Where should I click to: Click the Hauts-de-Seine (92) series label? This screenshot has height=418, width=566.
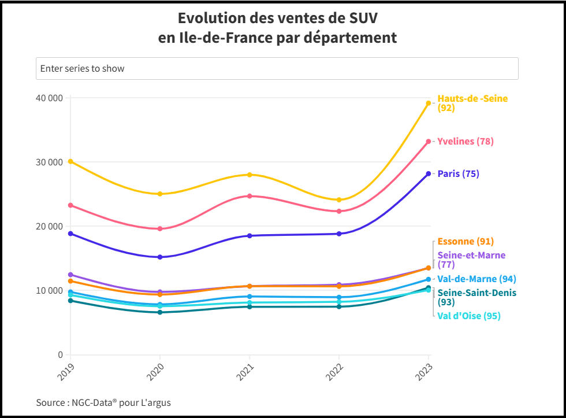pyautogui.click(x=472, y=103)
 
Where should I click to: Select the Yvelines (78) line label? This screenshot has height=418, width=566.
pyautogui.click(x=466, y=141)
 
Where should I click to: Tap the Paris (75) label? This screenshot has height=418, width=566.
pyautogui.click(x=458, y=173)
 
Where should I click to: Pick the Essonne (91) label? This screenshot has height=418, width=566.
pyautogui.click(x=466, y=241)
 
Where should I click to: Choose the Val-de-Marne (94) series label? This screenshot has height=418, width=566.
pyautogui.click(x=476, y=279)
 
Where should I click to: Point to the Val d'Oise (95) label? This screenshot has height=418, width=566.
pyautogui.click(x=468, y=316)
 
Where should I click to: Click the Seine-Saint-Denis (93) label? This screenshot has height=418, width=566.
pyautogui.click(x=476, y=297)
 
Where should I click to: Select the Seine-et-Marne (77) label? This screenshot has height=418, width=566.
pyautogui.click(x=471, y=260)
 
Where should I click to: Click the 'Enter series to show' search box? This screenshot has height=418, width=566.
pyautogui.click(x=277, y=68)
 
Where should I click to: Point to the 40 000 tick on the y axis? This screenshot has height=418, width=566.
pyautogui.click(x=49, y=98)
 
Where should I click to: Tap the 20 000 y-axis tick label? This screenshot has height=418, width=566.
pyautogui.click(x=49, y=226)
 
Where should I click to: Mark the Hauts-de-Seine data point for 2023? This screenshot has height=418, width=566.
pyautogui.click(x=429, y=103)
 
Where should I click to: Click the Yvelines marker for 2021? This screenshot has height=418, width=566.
pyautogui.click(x=250, y=196)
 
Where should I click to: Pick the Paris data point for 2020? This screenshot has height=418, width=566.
pyautogui.click(x=160, y=257)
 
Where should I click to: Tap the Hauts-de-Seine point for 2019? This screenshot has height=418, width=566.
pyautogui.click(x=70, y=161)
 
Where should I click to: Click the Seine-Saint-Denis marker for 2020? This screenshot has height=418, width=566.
pyautogui.click(x=160, y=312)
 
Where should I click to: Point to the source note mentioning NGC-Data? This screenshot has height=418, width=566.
pyautogui.click(x=103, y=402)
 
